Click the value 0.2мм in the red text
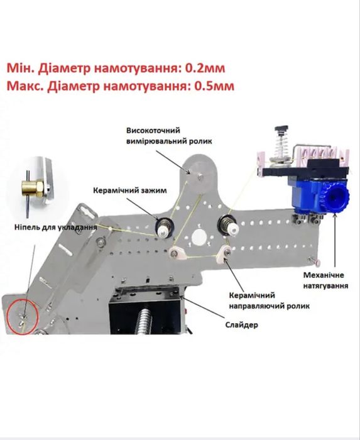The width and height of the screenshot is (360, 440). click(x=205, y=68)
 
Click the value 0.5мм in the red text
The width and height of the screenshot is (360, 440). click(x=214, y=86)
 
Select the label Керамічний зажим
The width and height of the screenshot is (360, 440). click(x=130, y=190)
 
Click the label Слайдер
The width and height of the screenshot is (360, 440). click(x=242, y=325)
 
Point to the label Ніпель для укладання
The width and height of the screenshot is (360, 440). click(x=56, y=227)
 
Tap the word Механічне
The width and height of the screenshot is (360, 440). click(x=324, y=275)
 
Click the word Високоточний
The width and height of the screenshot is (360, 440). click(x=153, y=131)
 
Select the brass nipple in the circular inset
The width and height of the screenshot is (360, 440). click(x=32, y=189)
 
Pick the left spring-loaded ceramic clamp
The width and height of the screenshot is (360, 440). click(x=163, y=227)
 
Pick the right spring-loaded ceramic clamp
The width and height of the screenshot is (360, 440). click(x=229, y=226)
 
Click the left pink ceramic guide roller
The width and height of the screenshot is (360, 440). click(x=176, y=253)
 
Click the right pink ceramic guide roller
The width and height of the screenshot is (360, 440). click(x=224, y=253)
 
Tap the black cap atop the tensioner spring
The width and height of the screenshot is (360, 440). click(x=281, y=129)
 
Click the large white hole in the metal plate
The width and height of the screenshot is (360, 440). click(x=199, y=236)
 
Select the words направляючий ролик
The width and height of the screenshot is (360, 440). click(x=269, y=305)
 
